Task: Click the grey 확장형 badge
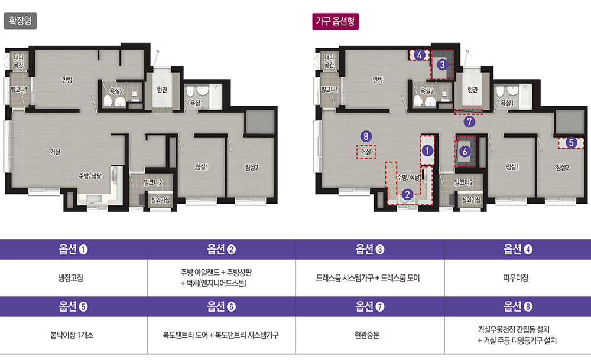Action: [x=20, y=21]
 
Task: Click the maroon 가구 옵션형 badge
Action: [x=335, y=21]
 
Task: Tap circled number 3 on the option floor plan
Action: [x=443, y=65]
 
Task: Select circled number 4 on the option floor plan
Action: [x=420, y=55]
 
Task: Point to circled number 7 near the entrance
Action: [x=469, y=122]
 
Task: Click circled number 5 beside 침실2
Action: [x=571, y=143]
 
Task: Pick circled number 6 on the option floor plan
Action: [x=465, y=151]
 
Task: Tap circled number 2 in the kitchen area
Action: [x=407, y=195]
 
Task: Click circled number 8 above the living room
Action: [x=366, y=136]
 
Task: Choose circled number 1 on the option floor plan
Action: [x=427, y=151]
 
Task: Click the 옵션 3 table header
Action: [x=370, y=249]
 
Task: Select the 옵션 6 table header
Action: [x=221, y=306]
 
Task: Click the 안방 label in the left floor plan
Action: [x=67, y=80]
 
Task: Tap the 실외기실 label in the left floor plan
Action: [x=161, y=200]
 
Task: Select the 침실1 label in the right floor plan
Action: [x=512, y=167]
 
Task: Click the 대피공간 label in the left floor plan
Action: [x=18, y=61]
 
